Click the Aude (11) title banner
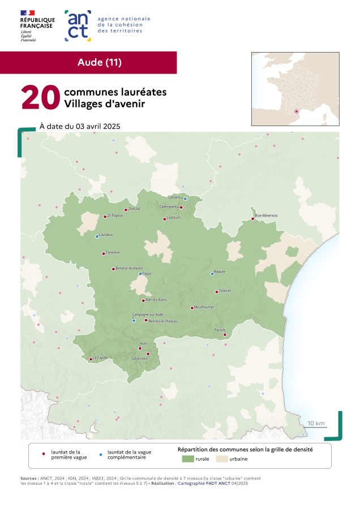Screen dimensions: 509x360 [99, 62]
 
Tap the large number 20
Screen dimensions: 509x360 [40, 98]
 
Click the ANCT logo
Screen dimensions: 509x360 [78, 25]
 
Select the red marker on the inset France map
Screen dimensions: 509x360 [296, 111]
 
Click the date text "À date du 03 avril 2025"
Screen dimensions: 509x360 [80, 126]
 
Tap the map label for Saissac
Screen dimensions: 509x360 [135, 209]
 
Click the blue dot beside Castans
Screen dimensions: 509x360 [185, 199]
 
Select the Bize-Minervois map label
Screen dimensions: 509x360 [266, 215]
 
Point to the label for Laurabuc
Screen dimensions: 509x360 [106, 234]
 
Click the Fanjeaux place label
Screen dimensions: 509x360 [113, 252]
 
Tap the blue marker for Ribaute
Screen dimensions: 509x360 [212, 274]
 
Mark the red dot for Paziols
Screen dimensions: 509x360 [225, 334]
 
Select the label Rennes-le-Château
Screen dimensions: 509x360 [163, 321]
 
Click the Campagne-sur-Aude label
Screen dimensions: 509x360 [147, 314]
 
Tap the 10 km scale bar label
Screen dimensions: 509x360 [316, 423]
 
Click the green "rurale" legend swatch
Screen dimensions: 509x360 [188, 459]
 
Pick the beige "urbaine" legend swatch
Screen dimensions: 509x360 [221, 459]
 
